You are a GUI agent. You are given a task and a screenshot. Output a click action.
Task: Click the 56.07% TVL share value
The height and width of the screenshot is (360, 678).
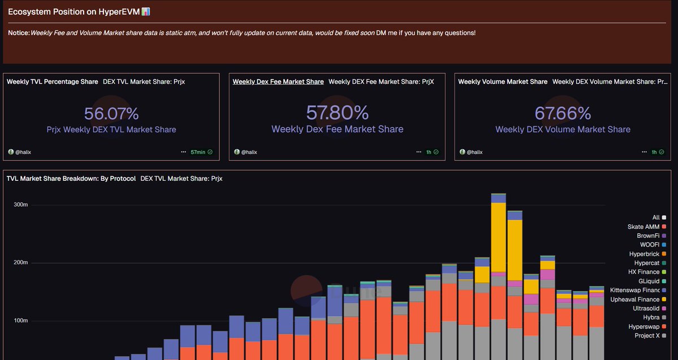pyautogui.click(x=111, y=114)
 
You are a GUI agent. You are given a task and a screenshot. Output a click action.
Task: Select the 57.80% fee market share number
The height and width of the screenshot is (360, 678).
pyautogui.click(x=337, y=112)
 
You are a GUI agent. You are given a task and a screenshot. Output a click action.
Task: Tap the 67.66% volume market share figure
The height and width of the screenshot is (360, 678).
pyautogui.click(x=563, y=113)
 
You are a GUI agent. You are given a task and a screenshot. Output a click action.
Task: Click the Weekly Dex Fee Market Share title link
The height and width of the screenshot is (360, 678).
pyautogui.click(x=278, y=81)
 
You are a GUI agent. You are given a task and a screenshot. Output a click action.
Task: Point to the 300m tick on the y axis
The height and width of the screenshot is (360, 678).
pyautogui.click(x=20, y=205)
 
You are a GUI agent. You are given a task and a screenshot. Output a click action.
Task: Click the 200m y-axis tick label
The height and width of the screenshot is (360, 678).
pyautogui.click(x=20, y=263)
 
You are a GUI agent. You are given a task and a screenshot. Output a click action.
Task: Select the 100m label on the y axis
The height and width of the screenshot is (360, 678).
pyautogui.click(x=20, y=321)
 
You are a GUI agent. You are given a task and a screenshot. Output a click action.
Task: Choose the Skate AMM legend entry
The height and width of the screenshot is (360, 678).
pyautogui.click(x=643, y=227)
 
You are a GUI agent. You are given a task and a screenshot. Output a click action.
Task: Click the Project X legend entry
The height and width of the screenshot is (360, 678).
pyautogui.click(x=646, y=336)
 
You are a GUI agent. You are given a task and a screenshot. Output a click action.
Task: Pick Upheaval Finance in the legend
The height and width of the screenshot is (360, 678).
pyautogui.click(x=634, y=300)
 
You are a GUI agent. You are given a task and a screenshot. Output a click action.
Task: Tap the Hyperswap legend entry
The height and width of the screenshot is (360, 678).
pyautogui.click(x=644, y=327)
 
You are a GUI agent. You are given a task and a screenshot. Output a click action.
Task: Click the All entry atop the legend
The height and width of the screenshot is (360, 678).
pyautogui.click(x=655, y=218)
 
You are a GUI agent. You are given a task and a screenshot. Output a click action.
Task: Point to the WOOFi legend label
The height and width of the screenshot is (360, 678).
pyautogui.click(x=649, y=245)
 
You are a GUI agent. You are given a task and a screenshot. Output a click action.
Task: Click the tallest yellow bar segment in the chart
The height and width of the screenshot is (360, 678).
pyautogui.click(x=498, y=237)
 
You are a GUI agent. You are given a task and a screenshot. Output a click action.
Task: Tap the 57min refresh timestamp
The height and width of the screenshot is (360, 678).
pyautogui.click(x=198, y=152)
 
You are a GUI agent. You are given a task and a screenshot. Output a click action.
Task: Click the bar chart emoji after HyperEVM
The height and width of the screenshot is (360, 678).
pyautogui.click(x=146, y=11)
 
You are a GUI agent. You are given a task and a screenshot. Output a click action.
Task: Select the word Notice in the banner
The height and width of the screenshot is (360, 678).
pyautogui.click(x=18, y=33)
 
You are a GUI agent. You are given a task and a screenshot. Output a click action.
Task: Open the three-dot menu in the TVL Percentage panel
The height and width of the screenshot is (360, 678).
pyautogui.click(x=183, y=152)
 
